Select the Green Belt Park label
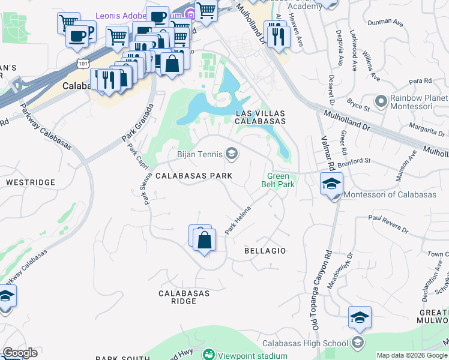279,181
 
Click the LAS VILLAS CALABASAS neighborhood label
259,116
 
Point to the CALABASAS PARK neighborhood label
193,176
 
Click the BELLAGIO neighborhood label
265,250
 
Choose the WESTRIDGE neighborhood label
26,181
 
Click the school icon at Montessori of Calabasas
331,184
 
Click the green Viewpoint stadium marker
208,355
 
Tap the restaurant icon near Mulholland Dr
277,36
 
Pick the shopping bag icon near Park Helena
204,240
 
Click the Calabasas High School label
305,343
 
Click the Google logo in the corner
20,353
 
